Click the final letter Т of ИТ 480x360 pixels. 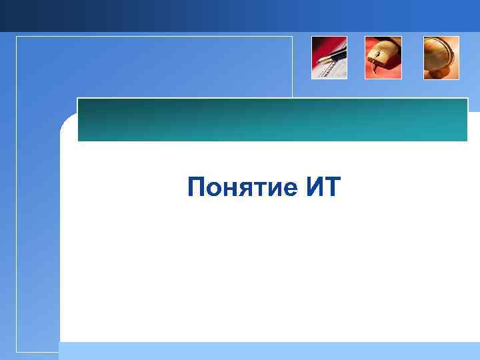332,188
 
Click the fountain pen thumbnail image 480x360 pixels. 329,58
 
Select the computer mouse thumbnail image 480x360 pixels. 383,58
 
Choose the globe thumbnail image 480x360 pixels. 441,58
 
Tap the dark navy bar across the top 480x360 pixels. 240,15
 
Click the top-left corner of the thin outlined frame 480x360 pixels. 17,37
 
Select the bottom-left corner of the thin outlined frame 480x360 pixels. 17,351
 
